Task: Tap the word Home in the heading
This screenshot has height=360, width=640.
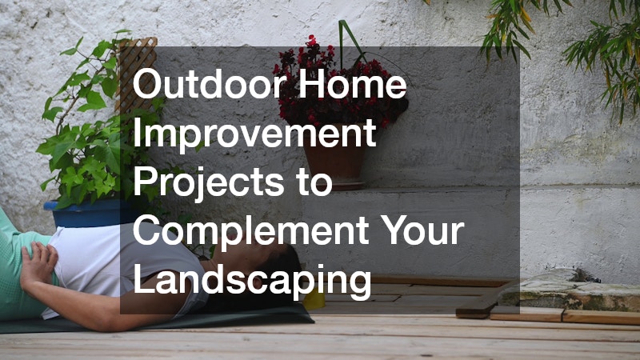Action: (353, 83)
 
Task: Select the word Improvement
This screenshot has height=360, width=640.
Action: (254, 134)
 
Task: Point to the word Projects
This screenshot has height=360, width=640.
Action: (208, 183)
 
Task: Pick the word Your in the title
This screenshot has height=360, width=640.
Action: (425, 231)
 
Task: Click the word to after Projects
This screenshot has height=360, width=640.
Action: (314, 183)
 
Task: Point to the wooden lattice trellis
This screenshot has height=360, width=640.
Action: (136, 74)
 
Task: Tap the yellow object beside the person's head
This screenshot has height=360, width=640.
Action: (314, 301)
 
